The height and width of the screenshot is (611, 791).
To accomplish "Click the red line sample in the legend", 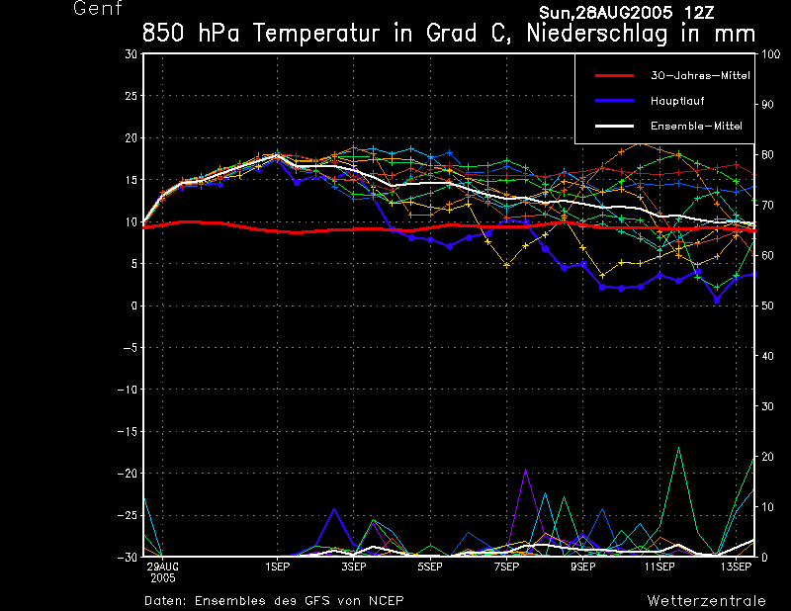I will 614,75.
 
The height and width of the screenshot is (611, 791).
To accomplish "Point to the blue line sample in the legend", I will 614,101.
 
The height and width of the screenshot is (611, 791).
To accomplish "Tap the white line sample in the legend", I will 614,127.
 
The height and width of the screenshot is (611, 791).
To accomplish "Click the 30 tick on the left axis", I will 132,54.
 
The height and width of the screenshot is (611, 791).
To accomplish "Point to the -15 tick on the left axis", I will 129,432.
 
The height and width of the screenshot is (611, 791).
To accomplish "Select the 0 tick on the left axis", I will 134,306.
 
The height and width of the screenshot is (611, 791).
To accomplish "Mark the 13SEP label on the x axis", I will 735,567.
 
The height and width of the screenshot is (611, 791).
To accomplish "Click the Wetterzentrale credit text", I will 706,600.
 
